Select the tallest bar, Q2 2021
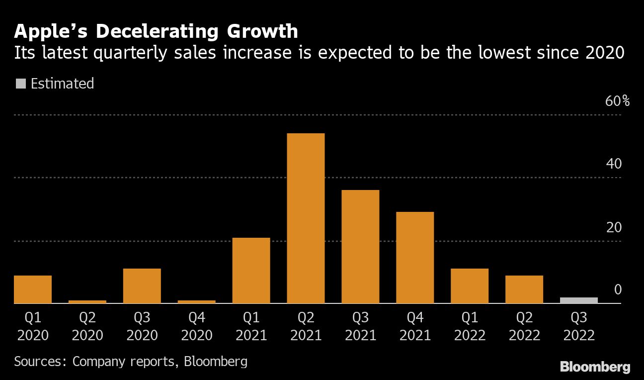[306, 218]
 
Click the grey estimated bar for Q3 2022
[579, 300]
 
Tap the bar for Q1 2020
[33, 289]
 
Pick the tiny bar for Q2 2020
[87, 301]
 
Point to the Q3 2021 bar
[360, 247]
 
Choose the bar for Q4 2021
[415, 258]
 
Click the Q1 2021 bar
[251, 271]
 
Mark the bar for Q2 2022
[524, 289]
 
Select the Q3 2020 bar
[142, 286]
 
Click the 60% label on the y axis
[618, 101]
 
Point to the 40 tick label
[614, 164]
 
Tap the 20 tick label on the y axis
[614, 227]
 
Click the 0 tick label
[618, 289]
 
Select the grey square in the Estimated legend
[21, 84]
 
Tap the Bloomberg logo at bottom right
[595, 368]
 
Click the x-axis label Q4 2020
[197, 326]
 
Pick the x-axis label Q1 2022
[470, 326]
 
